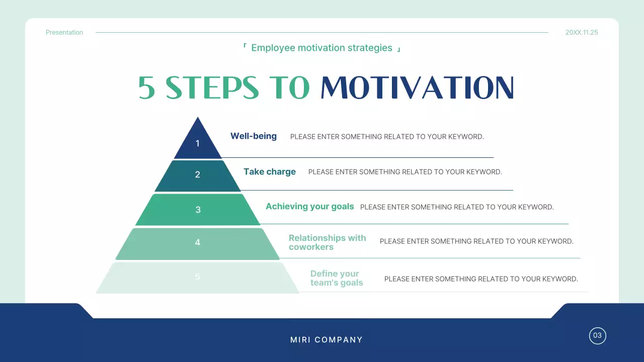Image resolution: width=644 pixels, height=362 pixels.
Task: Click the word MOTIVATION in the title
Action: [x=417, y=88]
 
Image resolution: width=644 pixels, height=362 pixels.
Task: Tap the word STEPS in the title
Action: [x=212, y=88]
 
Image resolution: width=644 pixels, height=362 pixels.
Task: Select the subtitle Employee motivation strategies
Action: [x=321, y=48]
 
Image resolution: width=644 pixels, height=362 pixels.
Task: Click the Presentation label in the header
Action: [x=64, y=33]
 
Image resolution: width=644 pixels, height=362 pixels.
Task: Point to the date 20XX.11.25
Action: [x=582, y=33]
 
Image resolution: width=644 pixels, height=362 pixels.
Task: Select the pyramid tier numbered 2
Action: [x=198, y=175]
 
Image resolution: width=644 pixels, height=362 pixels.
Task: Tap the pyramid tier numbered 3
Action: [x=198, y=210]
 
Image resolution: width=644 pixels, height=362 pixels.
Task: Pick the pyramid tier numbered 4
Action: [x=198, y=243]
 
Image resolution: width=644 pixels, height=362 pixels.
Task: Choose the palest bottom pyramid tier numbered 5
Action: [x=198, y=277]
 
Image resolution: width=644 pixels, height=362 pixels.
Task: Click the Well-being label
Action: [x=254, y=136]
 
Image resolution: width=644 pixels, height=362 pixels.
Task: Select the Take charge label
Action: [x=270, y=172]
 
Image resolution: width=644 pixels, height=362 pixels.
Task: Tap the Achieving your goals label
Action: [x=310, y=207]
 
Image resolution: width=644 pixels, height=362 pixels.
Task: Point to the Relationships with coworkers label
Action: [x=327, y=242]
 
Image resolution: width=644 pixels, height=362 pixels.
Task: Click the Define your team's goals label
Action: [x=337, y=278]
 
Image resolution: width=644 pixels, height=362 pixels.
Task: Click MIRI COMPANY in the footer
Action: [x=327, y=340]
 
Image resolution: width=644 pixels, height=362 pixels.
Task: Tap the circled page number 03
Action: [x=598, y=335]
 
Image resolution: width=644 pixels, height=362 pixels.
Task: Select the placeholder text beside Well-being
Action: [x=387, y=137]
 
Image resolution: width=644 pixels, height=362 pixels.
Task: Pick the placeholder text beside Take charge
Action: [x=405, y=172]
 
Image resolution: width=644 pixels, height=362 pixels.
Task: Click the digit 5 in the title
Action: [x=146, y=88]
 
